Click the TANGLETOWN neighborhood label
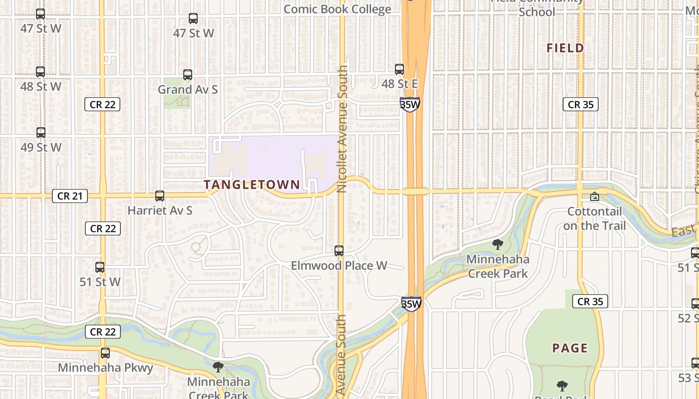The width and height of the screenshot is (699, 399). [x=252, y=185]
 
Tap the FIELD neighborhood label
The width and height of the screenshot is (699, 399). [x=565, y=48]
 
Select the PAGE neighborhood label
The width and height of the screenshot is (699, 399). [x=570, y=348]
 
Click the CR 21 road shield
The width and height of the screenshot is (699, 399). [x=70, y=196]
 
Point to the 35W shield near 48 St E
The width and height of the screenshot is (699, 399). [x=409, y=104]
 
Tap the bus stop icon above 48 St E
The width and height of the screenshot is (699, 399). [x=399, y=69]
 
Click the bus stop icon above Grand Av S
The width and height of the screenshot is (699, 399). [x=188, y=75]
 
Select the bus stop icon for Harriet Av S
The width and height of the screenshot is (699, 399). [x=160, y=196]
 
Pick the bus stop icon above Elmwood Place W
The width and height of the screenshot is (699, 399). [x=339, y=251]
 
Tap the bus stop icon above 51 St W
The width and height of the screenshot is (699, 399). [x=100, y=267]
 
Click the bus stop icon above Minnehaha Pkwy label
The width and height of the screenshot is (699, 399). [x=105, y=353]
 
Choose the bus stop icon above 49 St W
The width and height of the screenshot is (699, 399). [x=41, y=133]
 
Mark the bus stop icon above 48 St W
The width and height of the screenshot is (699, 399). [x=40, y=72]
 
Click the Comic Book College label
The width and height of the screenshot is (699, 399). [x=337, y=9]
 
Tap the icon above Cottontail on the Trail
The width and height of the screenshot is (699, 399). [x=594, y=197]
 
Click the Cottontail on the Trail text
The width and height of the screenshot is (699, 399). [x=594, y=218]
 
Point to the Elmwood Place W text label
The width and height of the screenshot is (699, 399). [x=339, y=265]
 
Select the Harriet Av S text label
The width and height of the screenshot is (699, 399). [x=160, y=210]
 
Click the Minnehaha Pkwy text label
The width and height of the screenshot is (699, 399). [x=105, y=368]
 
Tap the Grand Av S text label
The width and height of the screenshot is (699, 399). [x=188, y=90]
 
